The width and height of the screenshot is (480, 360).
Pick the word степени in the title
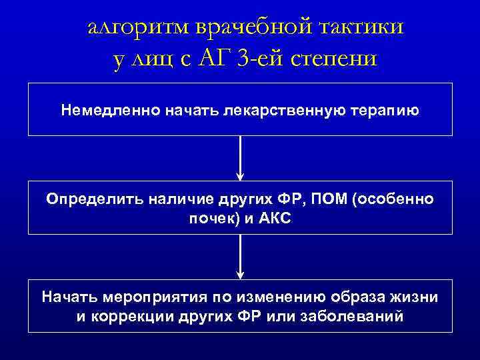(339, 59)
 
